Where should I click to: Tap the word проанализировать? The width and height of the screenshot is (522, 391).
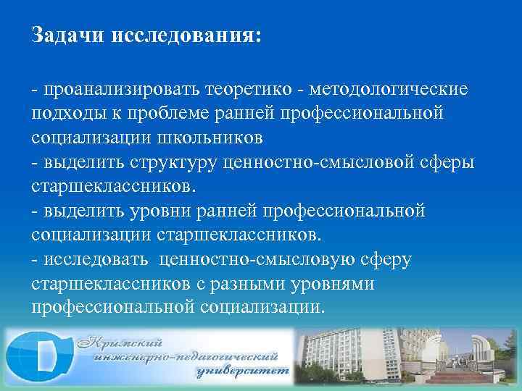click(x=114, y=90)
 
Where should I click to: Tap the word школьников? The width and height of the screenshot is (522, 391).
click(x=210, y=138)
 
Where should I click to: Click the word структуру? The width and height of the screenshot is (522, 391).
click(x=170, y=161)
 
